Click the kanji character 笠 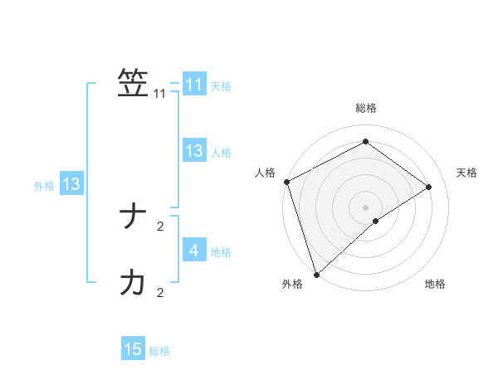(133, 83)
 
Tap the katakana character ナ (133, 217)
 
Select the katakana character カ (133, 283)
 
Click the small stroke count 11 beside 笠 (160, 95)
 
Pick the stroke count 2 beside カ (160, 292)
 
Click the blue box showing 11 (193, 85)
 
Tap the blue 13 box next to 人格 (193, 151)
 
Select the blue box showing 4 (193, 250)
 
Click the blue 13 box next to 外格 (71, 184)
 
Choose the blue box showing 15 (133, 349)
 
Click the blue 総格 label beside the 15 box (159, 351)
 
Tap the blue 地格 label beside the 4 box (221, 251)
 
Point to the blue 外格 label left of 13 (44, 186)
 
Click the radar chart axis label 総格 (365, 108)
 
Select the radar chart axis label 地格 (435, 284)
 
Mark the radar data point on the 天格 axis (429, 187)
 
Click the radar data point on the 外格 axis (315, 274)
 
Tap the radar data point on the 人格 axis (286, 182)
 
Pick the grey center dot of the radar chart (365, 207)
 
